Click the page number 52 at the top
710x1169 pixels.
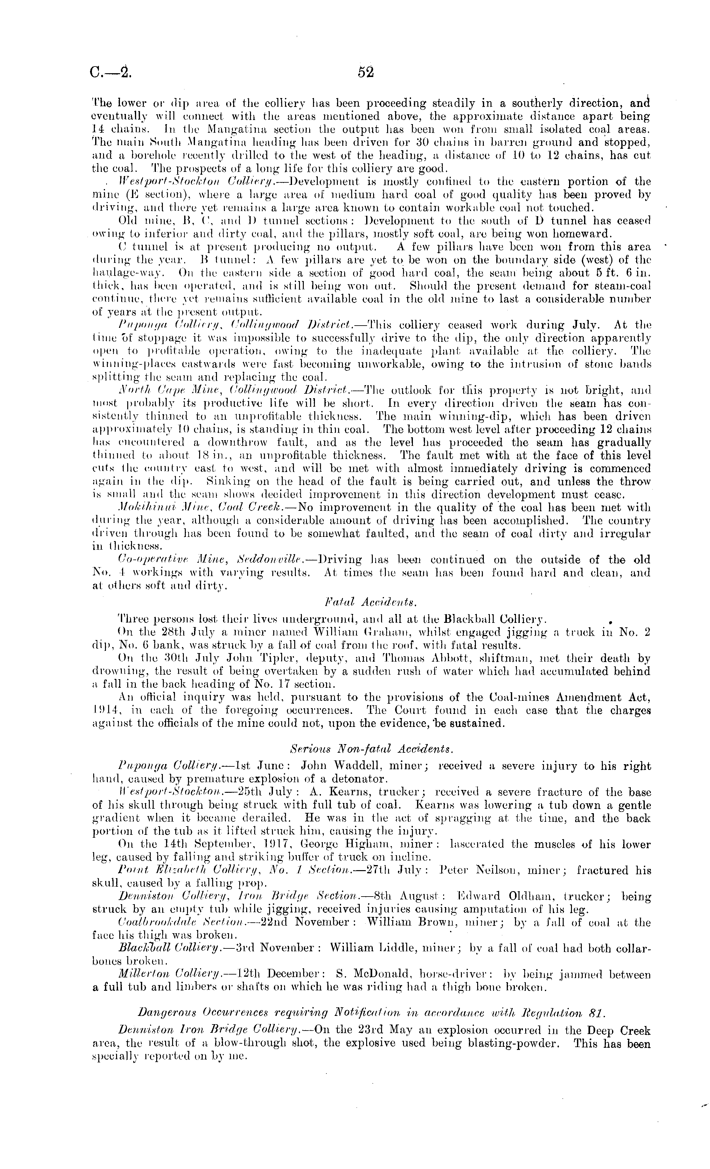tap(366, 72)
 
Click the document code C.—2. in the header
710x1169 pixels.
tap(111, 73)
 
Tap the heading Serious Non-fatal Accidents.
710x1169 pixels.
tap(371, 749)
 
